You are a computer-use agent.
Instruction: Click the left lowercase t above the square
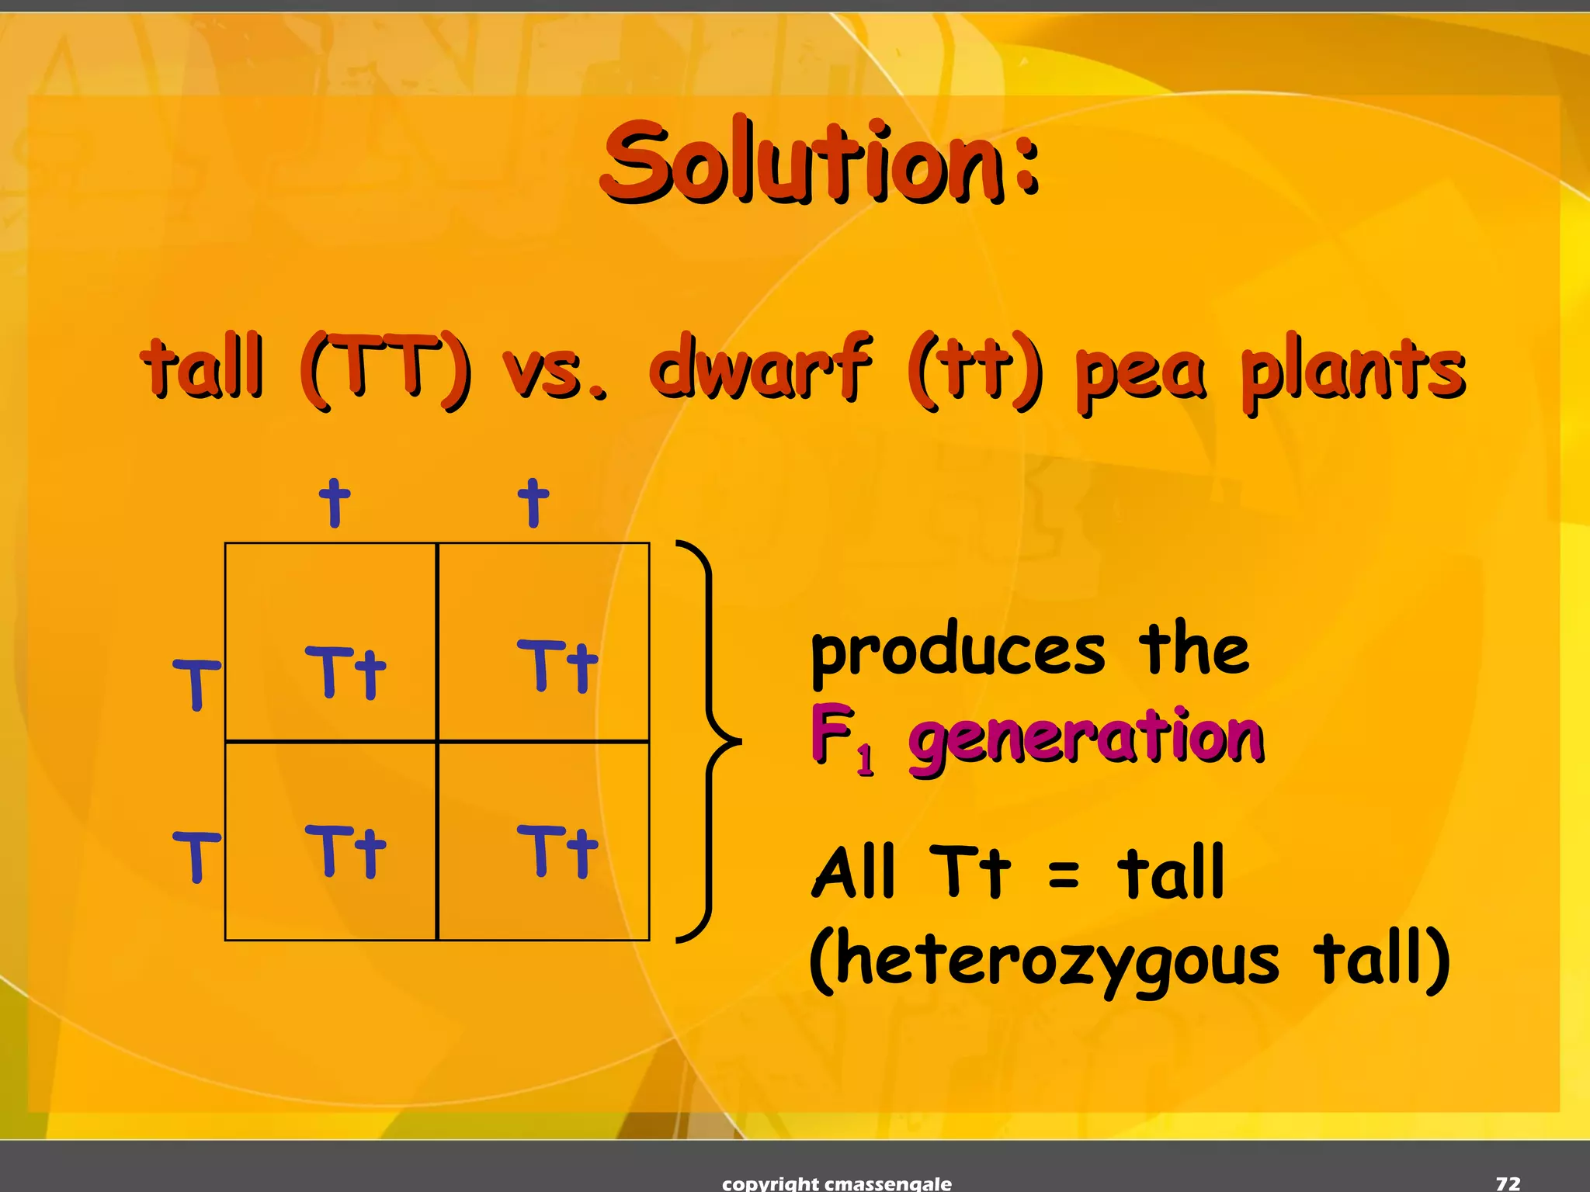[335, 503]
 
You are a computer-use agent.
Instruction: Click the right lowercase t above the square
[533, 503]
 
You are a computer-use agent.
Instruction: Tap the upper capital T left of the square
[196, 684]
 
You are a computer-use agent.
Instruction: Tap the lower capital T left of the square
[196, 856]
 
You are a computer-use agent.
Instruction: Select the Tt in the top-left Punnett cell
[345, 672]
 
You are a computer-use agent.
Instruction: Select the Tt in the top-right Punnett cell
[557, 666]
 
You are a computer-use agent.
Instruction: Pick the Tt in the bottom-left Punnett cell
[345, 851]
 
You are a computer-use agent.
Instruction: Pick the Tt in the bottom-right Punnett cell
[557, 851]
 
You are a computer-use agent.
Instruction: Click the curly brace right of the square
[708, 742]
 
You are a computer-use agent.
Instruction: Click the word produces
[957, 652]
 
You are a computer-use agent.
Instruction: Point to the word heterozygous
[1044, 961]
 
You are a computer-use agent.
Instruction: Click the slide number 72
[1508, 1183]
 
